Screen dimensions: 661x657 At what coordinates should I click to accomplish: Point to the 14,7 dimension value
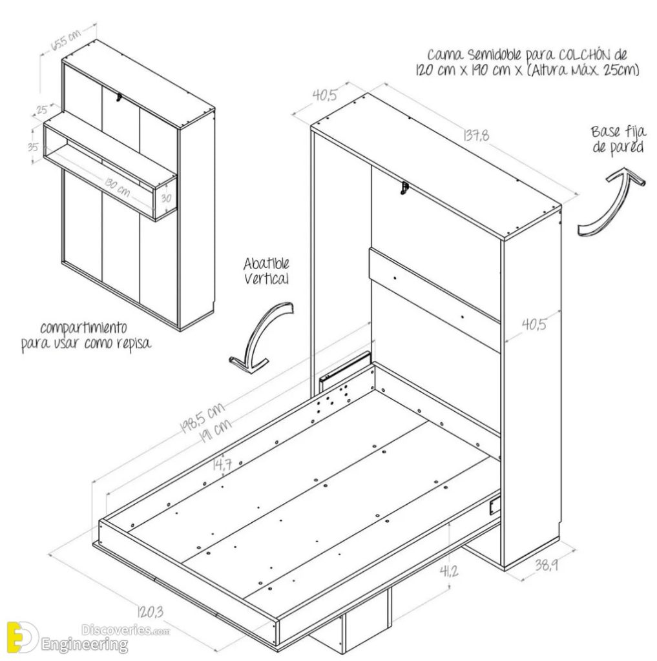222,463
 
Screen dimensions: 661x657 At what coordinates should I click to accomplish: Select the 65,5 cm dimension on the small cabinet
67,40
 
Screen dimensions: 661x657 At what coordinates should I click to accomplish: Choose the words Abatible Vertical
266,271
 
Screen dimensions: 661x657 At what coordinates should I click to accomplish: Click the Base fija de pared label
617,139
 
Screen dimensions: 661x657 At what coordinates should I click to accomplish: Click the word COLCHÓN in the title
594,55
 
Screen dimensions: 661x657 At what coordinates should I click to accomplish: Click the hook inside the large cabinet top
404,188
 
